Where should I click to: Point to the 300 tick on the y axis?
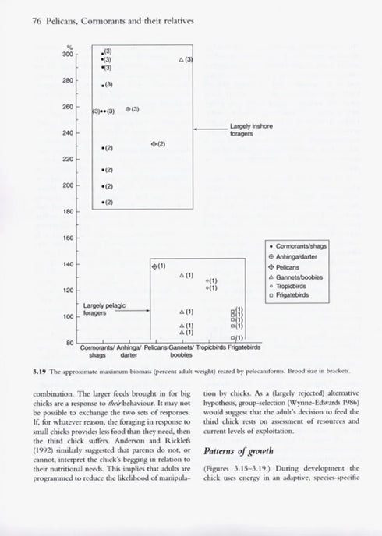click(x=69, y=54)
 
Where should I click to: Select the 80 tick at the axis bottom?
click(x=70, y=342)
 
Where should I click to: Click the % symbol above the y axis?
click(x=69, y=47)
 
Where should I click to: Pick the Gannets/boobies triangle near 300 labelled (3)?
click(x=182, y=60)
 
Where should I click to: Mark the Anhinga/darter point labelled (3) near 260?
click(x=128, y=110)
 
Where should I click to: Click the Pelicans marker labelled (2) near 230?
click(x=153, y=144)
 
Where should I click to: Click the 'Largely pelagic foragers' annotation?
click(x=104, y=309)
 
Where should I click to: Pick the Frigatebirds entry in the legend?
click(x=295, y=294)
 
